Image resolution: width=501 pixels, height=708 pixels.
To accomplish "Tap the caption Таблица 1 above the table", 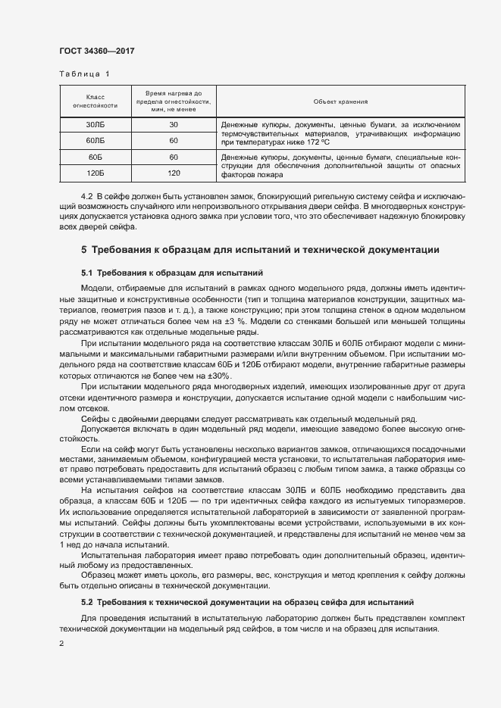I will coord(84,74).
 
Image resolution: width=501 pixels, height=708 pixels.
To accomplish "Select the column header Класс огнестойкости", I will coord(96,101).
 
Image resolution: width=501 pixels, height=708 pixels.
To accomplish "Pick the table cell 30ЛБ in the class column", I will coord(96,124).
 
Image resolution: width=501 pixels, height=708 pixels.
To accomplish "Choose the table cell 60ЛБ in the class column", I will coord(96,141).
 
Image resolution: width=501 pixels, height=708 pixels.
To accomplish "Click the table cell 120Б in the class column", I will coord(96,173).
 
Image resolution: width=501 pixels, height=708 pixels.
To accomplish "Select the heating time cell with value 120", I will coord(174,173).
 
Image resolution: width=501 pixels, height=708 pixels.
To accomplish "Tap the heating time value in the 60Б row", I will coord(174,157).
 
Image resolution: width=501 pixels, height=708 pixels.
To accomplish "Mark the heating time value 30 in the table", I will coord(174,124).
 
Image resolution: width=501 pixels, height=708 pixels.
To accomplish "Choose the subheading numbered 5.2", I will coord(246,603).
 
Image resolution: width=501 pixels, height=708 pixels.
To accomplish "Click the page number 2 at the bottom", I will coord(61,644).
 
